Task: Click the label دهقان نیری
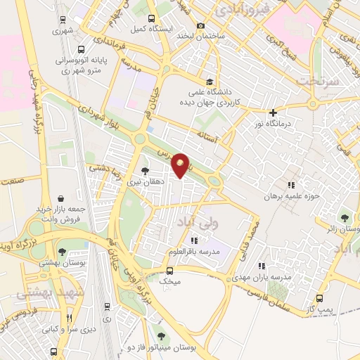(x=129, y=181)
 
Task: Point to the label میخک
(x=171, y=281)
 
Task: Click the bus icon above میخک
(x=170, y=270)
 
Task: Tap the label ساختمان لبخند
(x=169, y=35)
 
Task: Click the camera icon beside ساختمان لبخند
(x=201, y=26)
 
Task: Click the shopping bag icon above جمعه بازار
(x=63, y=198)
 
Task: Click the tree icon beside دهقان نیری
(x=146, y=171)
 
